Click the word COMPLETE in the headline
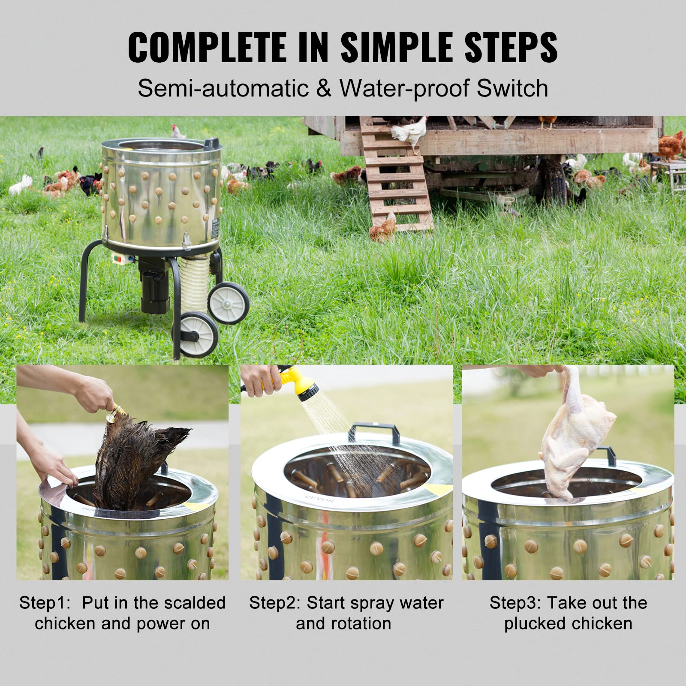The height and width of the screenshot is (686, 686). [207, 47]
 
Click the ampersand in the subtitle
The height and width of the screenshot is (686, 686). [324, 88]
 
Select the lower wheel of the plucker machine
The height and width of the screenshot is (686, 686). [198, 334]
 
